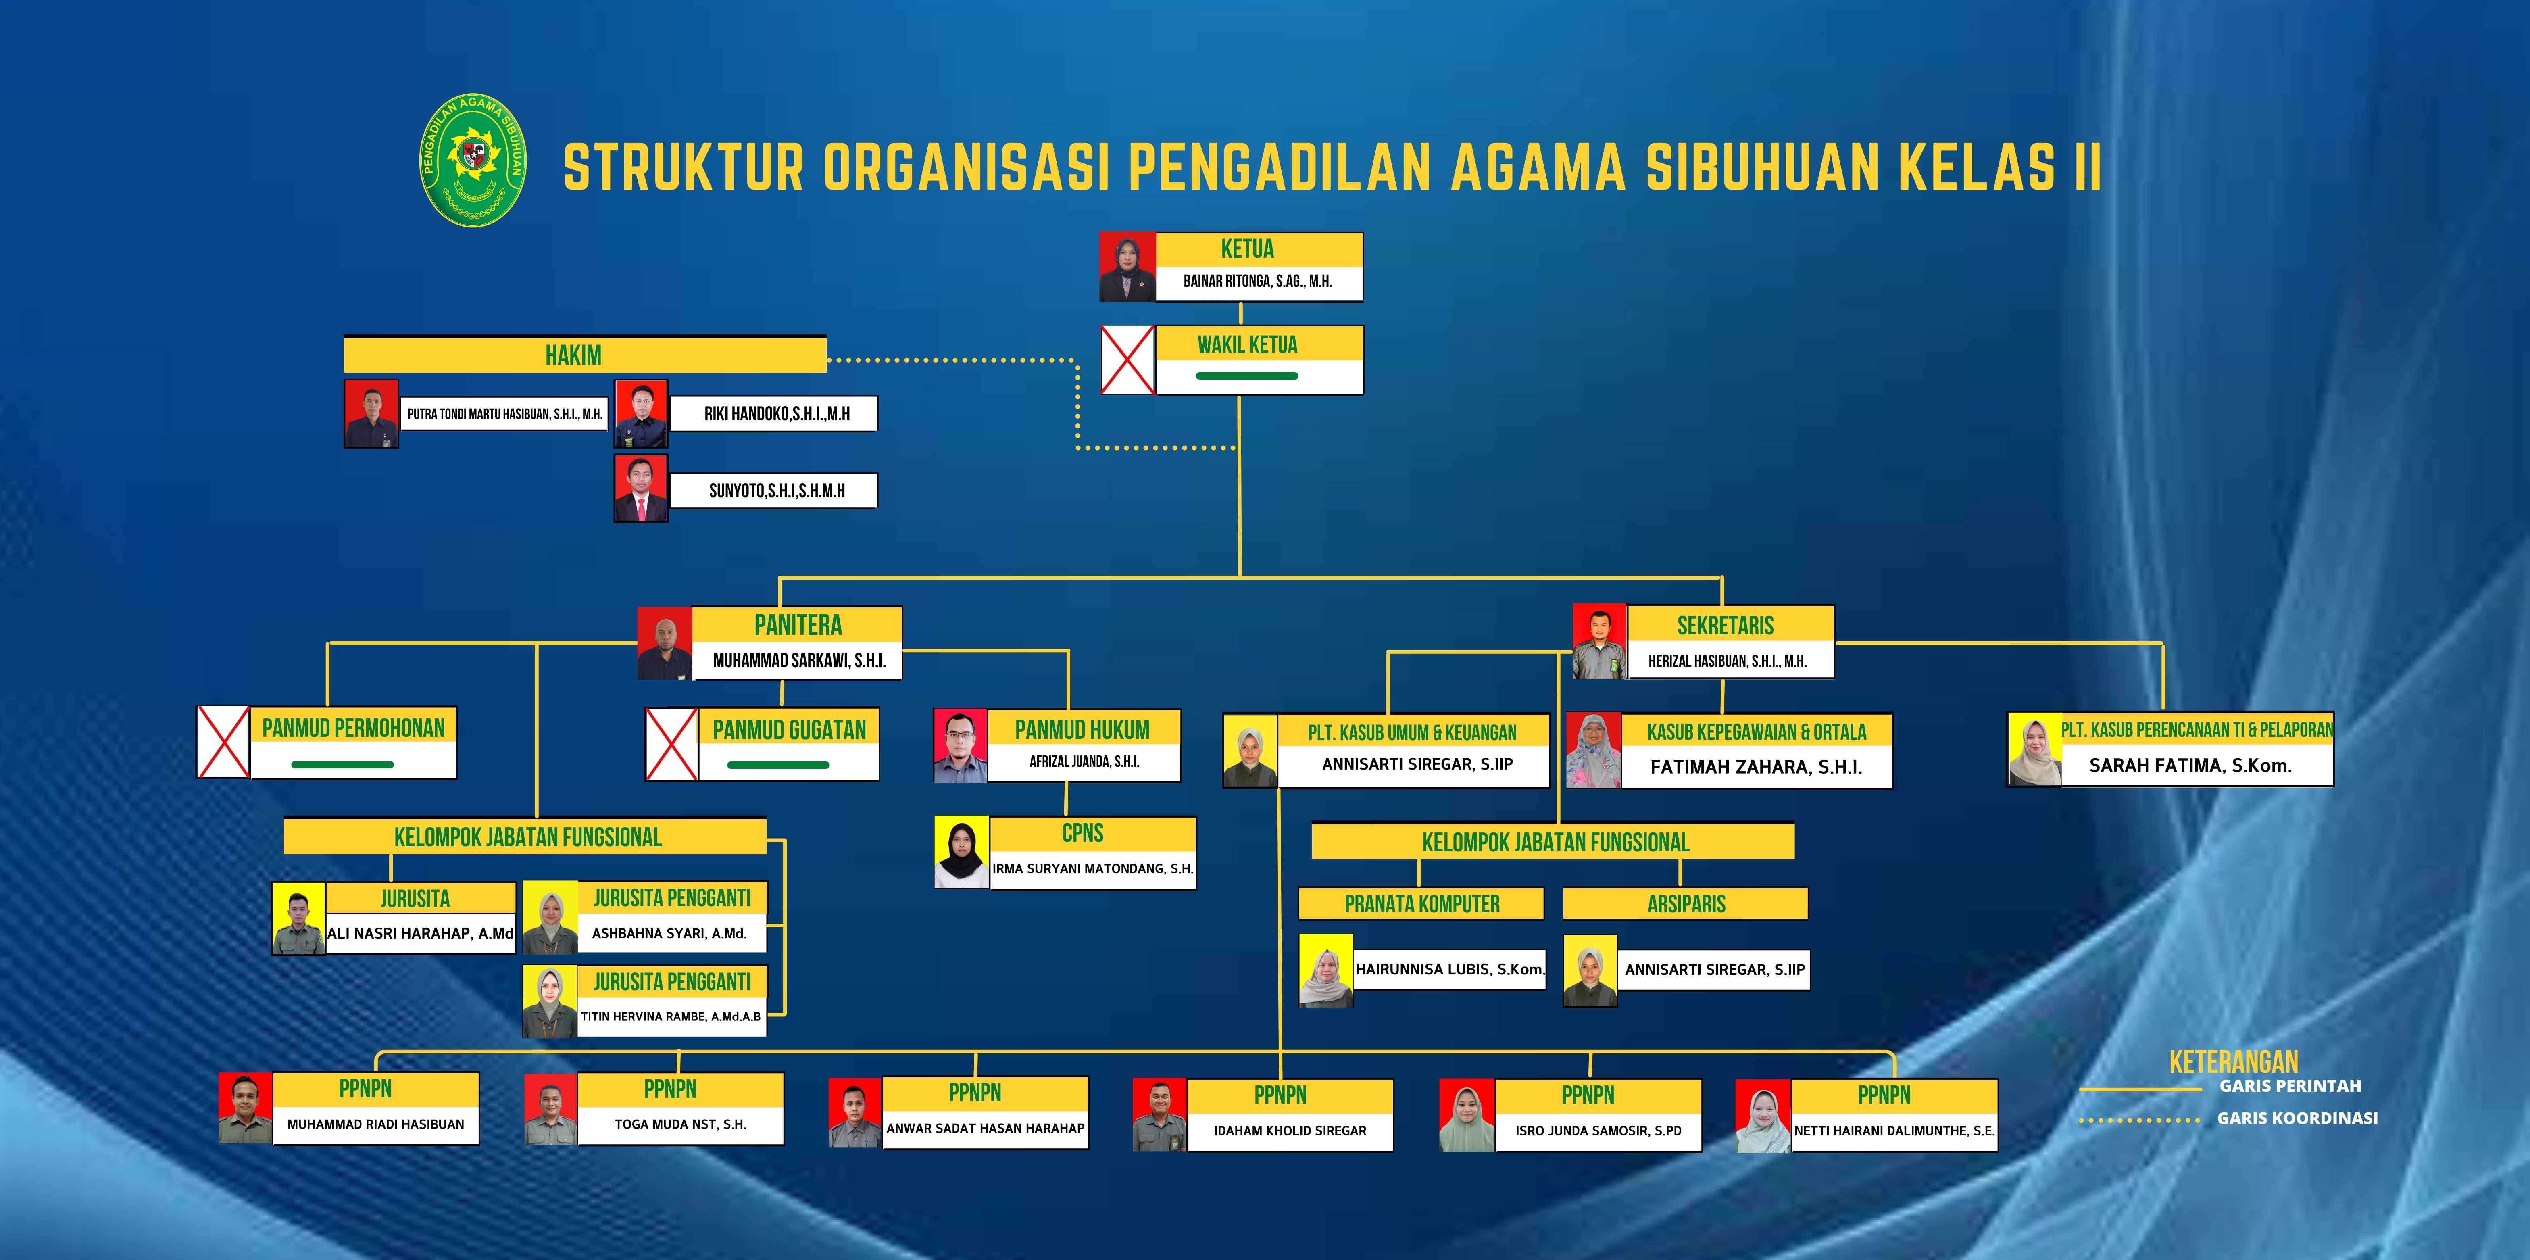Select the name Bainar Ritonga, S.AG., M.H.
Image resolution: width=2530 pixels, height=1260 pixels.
point(1257,281)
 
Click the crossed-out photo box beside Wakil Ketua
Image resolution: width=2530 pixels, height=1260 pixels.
point(1127,359)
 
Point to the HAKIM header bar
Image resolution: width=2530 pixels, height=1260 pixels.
point(584,355)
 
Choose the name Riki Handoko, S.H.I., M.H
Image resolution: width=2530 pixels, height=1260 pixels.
point(777,413)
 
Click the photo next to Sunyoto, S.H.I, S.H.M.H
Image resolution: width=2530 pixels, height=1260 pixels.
point(640,487)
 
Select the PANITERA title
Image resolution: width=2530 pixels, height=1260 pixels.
point(798,625)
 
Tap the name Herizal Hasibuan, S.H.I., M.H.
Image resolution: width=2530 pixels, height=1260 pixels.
point(1728,661)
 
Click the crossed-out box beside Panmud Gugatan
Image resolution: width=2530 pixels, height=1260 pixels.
point(672,745)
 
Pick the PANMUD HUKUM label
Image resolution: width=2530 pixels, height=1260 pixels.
point(1082,730)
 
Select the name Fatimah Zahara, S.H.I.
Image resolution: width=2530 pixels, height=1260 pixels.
point(1756,767)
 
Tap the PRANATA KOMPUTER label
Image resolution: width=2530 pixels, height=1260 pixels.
point(1422,903)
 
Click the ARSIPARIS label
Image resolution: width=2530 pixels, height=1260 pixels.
point(1686,903)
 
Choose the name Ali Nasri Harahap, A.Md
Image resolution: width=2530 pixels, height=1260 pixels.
point(420,933)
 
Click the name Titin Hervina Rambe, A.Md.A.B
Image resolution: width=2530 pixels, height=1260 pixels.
point(671,1016)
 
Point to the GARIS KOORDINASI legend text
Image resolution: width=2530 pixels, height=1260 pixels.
point(2297,1118)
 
